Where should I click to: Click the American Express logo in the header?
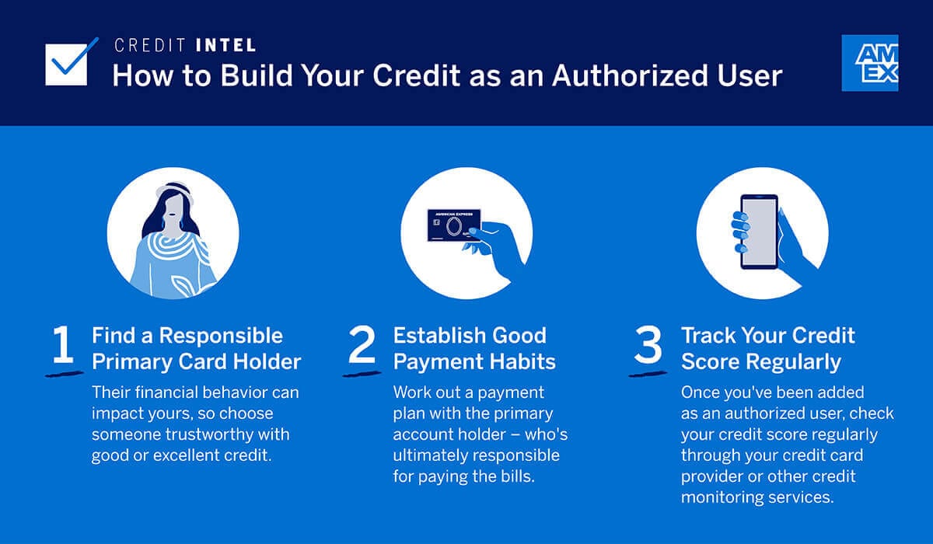(x=869, y=63)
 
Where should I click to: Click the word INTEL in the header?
(x=224, y=46)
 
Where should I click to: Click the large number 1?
(x=63, y=347)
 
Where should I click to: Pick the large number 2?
(x=362, y=347)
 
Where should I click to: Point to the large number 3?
(x=648, y=347)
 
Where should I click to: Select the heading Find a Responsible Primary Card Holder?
(x=196, y=348)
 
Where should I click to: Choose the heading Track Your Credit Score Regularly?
(x=768, y=348)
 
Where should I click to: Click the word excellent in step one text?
(x=195, y=455)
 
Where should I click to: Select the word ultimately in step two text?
(x=432, y=455)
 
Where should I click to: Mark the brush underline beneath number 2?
(x=362, y=373)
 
